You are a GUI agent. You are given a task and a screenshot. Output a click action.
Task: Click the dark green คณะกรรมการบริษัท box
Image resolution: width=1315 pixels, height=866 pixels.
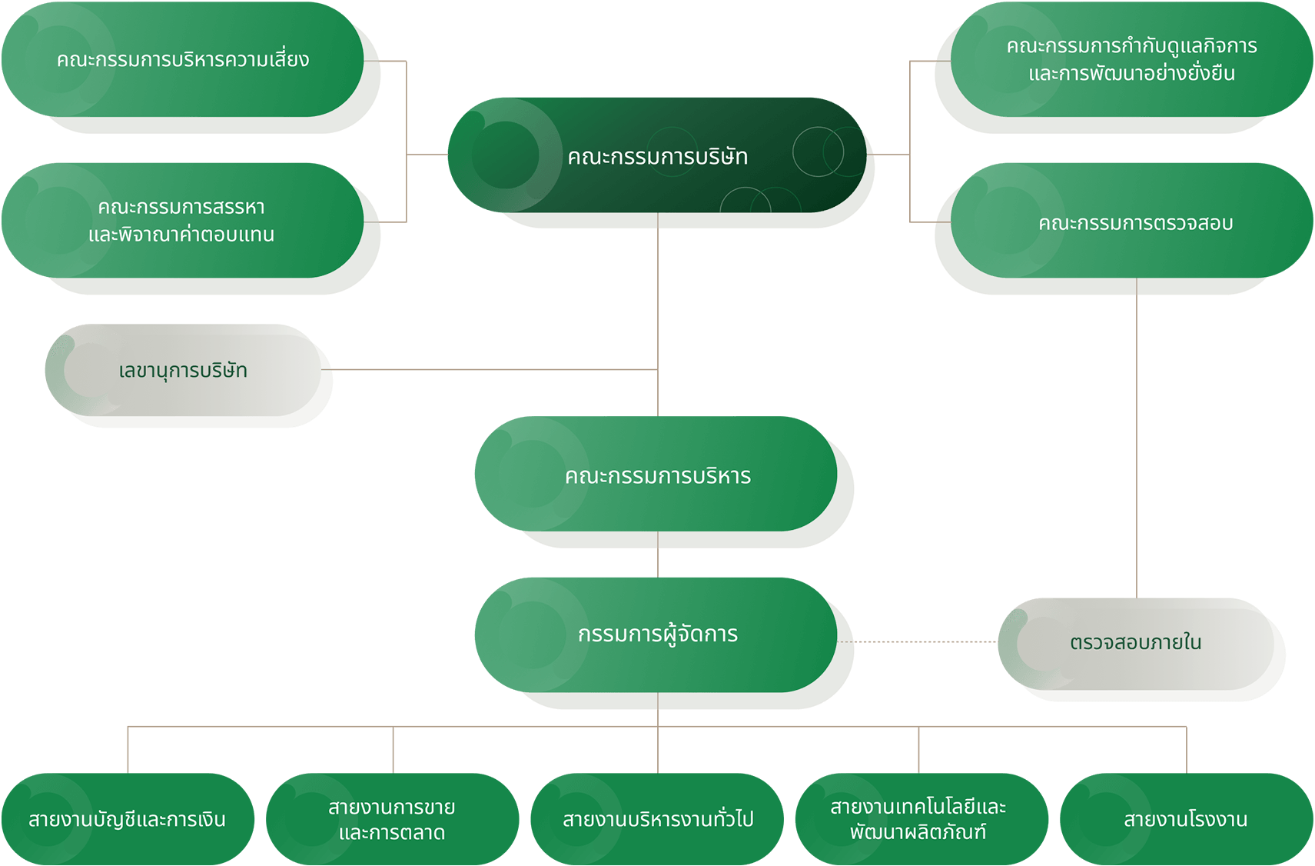point(657,155)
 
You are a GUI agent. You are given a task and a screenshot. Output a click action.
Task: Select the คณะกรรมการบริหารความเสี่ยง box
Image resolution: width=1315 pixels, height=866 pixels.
point(183,60)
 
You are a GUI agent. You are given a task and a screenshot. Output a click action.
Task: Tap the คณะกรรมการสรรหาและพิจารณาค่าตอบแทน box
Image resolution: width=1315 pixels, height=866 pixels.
point(183,221)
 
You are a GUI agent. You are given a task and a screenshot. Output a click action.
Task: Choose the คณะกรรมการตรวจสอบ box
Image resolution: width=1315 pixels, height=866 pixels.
point(1134,222)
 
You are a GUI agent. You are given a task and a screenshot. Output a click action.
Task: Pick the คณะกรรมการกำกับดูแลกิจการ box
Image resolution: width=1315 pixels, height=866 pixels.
point(1131,59)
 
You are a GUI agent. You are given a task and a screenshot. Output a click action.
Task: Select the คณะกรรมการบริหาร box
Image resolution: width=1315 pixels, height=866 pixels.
point(657,475)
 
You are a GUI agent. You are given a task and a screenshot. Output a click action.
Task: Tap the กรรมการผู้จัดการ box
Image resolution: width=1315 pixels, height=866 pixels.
point(657,635)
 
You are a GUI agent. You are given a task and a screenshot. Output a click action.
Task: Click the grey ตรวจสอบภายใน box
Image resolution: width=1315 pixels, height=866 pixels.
point(1136,642)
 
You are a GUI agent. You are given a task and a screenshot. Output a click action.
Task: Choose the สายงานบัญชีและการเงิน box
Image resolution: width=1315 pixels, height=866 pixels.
point(128,820)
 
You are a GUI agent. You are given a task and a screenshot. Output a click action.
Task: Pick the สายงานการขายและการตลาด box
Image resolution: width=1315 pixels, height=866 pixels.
point(392,820)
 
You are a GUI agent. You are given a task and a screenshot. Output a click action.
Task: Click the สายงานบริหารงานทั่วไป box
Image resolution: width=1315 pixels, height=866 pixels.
point(657,820)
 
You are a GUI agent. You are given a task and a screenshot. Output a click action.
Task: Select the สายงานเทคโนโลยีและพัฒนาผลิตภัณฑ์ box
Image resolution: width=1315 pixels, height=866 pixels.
point(919,820)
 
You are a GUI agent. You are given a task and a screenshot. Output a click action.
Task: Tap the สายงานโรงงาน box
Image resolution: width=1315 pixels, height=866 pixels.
point(1185,820)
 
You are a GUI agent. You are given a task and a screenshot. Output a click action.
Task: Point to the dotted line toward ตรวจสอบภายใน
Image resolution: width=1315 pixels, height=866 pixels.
point(922,641)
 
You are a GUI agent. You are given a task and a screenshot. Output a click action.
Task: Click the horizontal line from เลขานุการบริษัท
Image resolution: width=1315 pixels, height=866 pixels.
point(492,370)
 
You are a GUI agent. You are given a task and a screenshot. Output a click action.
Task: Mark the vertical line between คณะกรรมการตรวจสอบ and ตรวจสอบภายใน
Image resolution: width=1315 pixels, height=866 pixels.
point(1137,438)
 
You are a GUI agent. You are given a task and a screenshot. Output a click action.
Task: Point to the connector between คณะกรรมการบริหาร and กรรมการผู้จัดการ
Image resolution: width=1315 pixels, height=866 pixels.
point(658,555)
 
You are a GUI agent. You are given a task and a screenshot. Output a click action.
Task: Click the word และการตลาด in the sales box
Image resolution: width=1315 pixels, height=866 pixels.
point(392,833)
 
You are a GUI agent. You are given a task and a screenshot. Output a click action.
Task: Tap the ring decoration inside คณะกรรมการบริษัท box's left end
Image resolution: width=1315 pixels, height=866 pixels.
point(505,155)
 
